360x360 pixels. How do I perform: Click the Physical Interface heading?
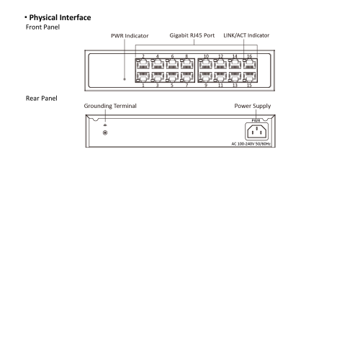(60, 17)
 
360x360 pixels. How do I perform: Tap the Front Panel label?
(42, 27)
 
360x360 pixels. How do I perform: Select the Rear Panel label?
(42, 99)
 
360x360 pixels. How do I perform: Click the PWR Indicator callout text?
(130, 36)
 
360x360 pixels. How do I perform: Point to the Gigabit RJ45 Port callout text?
(192, 35)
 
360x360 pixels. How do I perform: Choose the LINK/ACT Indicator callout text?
(246, 35)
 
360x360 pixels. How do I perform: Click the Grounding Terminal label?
(110, 106)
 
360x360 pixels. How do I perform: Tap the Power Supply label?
(253, 106)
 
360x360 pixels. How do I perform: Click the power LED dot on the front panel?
(125, 79)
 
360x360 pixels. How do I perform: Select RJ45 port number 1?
(143, 77)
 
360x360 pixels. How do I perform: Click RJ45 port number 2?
(143, 64)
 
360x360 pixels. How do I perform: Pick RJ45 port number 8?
(187, 64)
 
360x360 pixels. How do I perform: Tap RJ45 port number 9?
(205, 77)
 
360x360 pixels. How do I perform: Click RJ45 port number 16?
(250, 64)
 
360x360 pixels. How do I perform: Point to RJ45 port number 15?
(250, 77)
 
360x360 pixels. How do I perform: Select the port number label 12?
(220, 56)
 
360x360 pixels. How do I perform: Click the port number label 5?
(172, 85)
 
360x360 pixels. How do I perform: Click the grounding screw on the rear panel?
(105, 132)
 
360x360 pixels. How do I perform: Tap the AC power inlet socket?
(257, 131)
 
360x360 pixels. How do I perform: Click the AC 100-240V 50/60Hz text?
(251, 144)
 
